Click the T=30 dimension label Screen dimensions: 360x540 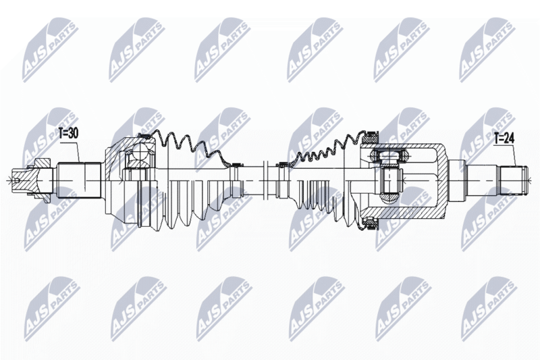(x=69, y=134)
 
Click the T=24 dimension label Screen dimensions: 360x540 (x=505, y=140)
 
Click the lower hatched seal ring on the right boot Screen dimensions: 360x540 (x=370, y=221)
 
